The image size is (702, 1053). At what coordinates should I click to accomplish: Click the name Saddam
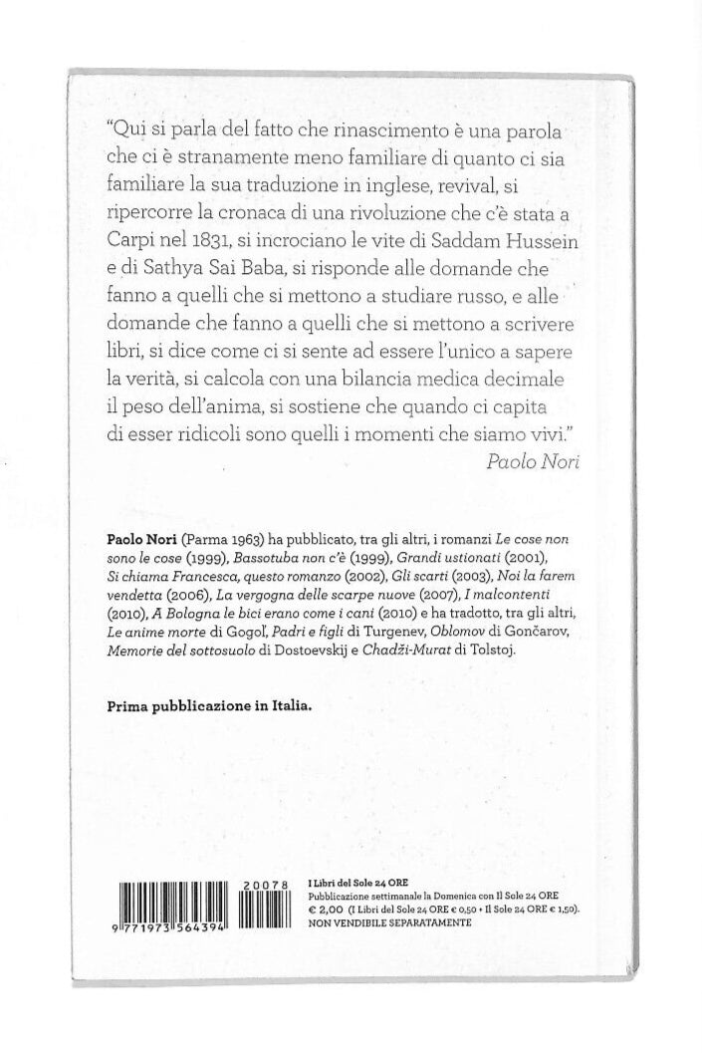click(412, 240)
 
